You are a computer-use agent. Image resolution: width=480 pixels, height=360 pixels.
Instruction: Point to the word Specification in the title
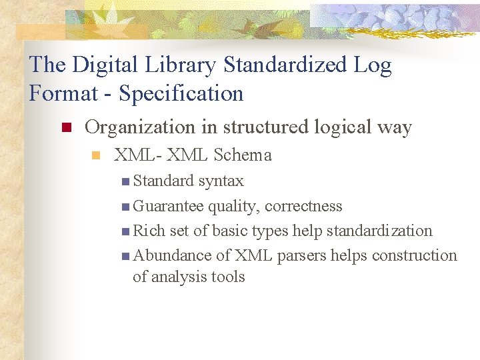click(181, 93)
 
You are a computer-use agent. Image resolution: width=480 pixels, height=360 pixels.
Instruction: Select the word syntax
click(221, 181)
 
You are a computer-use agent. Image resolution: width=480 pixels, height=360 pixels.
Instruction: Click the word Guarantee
click(169, 206)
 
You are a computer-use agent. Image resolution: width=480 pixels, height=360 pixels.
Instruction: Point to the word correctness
click(303, 206)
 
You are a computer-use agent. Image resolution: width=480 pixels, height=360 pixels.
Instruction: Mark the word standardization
click(379, 231)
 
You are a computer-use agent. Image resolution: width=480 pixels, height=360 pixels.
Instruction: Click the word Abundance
click(172, 255)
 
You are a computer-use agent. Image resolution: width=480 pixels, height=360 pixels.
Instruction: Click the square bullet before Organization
click(65, 128)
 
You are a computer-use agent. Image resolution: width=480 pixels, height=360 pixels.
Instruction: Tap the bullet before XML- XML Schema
click(95, 156)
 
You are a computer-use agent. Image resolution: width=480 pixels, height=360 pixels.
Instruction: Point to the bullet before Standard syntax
click(126, 181)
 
